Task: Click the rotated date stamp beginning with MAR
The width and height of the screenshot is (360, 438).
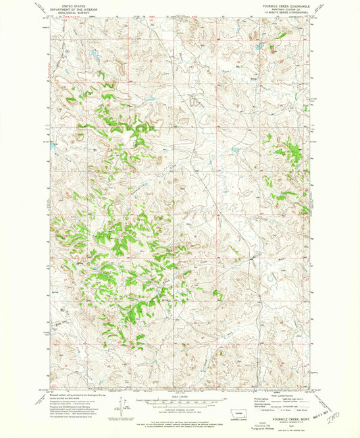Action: point(318,425)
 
